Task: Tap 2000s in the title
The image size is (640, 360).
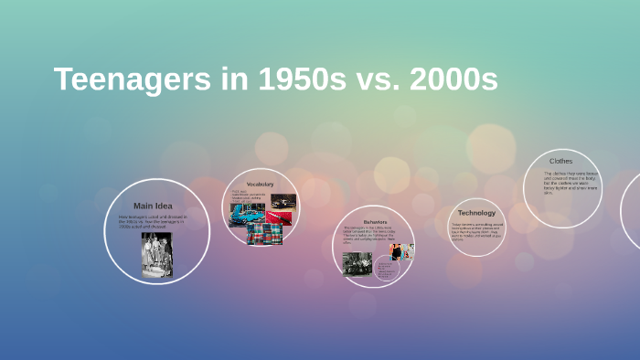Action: tap(454, 80)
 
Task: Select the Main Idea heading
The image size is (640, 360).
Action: tap(153, 206)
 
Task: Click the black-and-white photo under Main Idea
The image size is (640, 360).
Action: tap(156, 254)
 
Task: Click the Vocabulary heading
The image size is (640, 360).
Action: tap(261, 185)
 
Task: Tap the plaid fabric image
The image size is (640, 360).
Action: tap(264, 235)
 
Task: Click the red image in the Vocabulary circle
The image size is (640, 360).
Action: tap(283, 217)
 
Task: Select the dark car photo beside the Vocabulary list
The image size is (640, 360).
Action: tap(283, 201)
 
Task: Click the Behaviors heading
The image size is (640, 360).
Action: tap(374, 221)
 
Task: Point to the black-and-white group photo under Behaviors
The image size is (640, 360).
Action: tap(357, 263)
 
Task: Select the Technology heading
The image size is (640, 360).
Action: tap(476, 213)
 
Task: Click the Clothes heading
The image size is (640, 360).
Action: tap(560, 161)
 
